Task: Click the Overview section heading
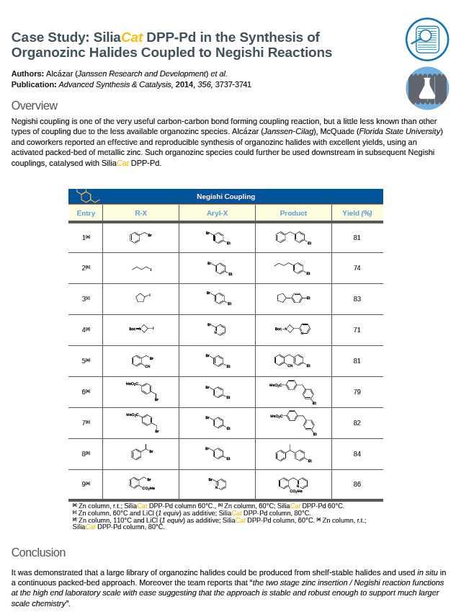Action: [x=35, y=106]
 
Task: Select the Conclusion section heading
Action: [x=38, y=552]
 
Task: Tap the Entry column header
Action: [x=86, y=213]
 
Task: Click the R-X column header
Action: [x=141, y=213]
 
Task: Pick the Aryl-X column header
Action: [x=217, y=213]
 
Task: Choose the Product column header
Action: [x=293, y=213]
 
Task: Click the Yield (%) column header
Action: [x=357, y=213]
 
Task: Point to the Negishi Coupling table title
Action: [x=225, y=196]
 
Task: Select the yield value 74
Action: [x=357, y=268]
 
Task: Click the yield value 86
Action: [x=357, y=484]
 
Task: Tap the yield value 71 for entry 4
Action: [x=357, y=329]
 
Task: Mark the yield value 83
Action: [x=357, y=298]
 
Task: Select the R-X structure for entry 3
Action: [x=143, y=298]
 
